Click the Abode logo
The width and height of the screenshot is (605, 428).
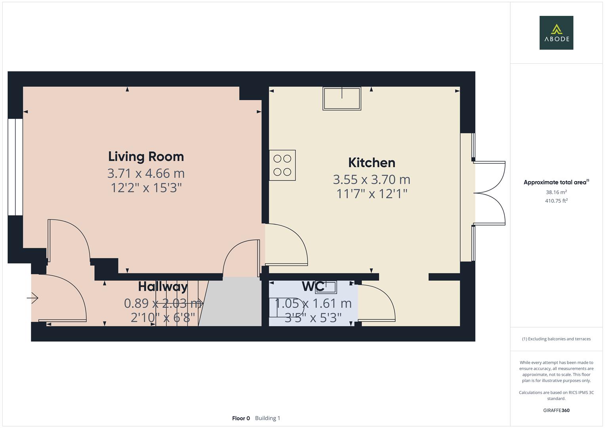tap(556, 32)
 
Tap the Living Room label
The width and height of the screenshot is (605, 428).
tap(146, 157)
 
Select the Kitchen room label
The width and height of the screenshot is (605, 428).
tap(372, 163)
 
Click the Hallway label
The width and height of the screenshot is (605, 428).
tap(163, 287)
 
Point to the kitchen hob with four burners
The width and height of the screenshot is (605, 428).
tap(282, 165)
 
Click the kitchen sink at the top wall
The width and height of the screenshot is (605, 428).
tap(342, 98)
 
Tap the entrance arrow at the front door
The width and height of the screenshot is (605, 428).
tap(33, 298)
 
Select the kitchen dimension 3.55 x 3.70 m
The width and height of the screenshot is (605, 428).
tap(372, 180)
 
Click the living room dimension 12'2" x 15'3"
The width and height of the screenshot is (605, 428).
tap(146, 187)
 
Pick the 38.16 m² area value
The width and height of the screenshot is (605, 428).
tap(556, 192)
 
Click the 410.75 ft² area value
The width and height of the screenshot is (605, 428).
tap(556, 201)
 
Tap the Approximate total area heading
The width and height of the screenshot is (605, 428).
tap(556, 182)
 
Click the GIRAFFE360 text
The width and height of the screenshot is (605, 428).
tap(556, 410)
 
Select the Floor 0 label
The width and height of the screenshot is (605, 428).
tap(241, 418)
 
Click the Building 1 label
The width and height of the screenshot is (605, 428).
tap(267, 418)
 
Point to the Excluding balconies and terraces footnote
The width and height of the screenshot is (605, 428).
tap(556, 339)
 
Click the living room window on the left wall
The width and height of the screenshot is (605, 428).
tap(15, 167)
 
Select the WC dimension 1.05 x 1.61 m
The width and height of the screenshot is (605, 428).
tap(313, 304)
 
